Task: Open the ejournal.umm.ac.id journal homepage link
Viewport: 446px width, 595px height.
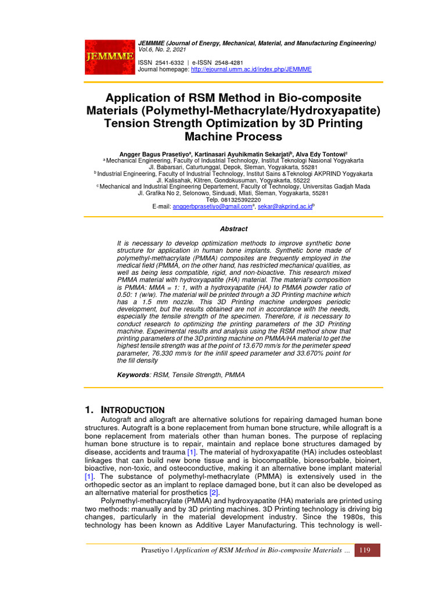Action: tap(251, 69)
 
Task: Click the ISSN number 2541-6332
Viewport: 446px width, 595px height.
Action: tap(170, 62)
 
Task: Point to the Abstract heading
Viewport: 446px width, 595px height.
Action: tap(234, 229)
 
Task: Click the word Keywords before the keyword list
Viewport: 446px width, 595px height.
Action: tap(134, 375)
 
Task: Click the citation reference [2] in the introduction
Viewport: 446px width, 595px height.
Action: tap(198, 492)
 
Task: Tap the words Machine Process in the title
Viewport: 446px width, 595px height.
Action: tap(225, 137)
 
